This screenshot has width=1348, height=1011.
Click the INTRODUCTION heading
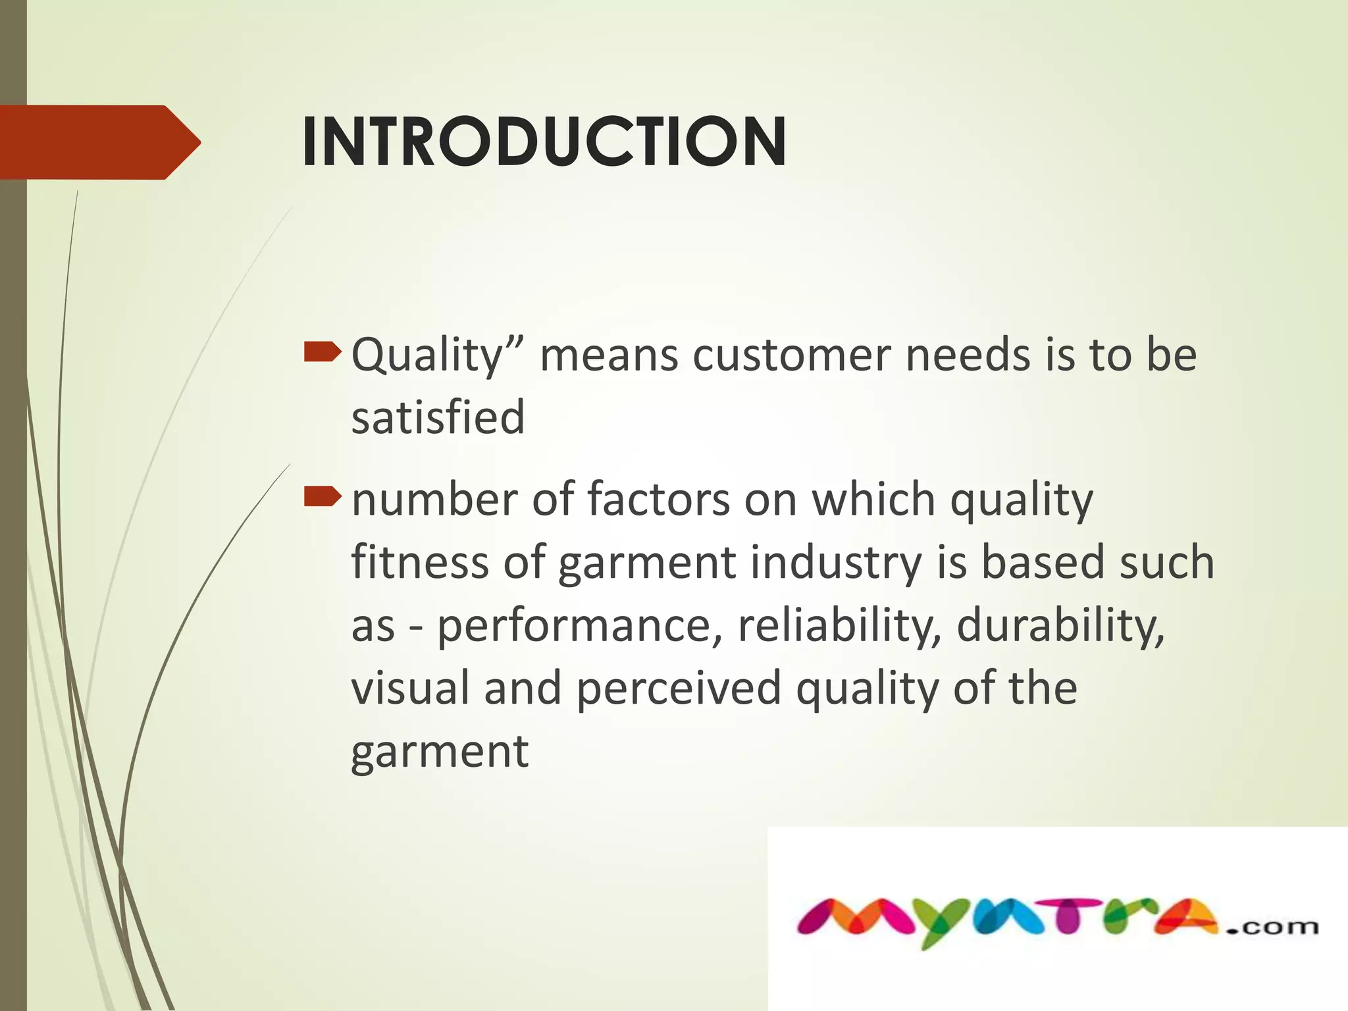coord(544,142)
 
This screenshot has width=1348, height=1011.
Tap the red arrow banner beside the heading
coord(99,142)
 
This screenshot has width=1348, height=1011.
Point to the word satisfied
coord(438,417)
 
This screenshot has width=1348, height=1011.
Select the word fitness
coord(420,562)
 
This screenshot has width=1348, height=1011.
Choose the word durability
coord(1060,625)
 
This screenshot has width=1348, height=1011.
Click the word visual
coord(411,688)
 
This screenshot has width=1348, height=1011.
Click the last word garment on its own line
coord(440,752)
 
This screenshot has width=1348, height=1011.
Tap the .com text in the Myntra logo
coord(1272,927)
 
